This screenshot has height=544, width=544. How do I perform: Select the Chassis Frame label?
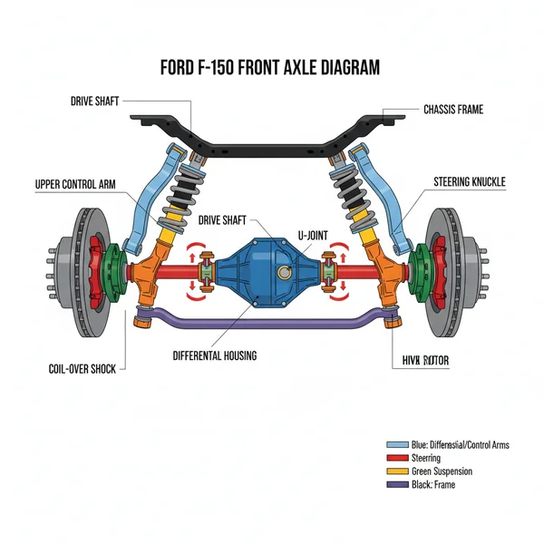click(x=452, y=110)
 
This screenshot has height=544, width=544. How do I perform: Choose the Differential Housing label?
click(x=214, y=356)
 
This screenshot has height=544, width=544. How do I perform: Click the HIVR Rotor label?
click(x=425, y=361)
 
